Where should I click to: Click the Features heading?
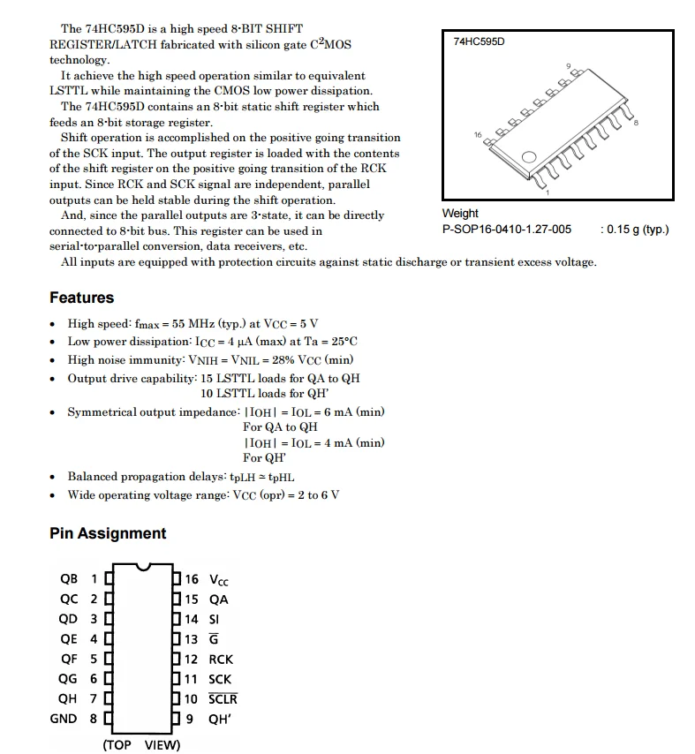coord(82,298)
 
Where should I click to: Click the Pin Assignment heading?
coord(108,533)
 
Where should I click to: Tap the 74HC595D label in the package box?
coord(479,41)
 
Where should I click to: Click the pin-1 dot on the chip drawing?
coord(529,158)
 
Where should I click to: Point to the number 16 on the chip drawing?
coord(479,135)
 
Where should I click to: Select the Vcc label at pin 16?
coord(218,580)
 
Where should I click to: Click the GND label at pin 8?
coord(64,719)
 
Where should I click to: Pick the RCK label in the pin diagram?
coord(221,660)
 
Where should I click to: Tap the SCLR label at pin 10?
coord(223,699)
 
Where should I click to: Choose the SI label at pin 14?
coord(214,620)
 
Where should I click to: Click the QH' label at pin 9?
coord(219,719)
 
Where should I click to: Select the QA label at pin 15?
coord(218,599)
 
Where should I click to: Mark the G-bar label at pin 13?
coord(213,639)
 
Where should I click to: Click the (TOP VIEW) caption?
coord(141,745)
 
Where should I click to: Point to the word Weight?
coord(460,214)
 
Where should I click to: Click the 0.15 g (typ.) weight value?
coord(634,230)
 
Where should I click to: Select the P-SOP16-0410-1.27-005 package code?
coord(506,230)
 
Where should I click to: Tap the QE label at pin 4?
coord(69,639)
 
